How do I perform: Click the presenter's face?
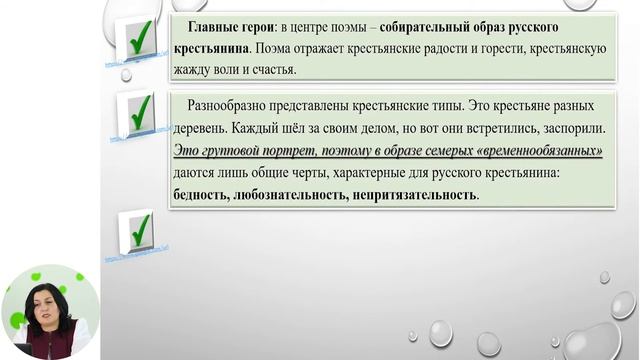50,304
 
